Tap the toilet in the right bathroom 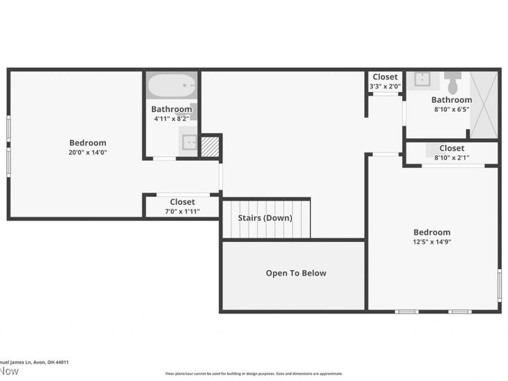453,83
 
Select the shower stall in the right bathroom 484,105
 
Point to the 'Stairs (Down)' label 265,218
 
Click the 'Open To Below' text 295,273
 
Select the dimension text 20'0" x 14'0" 88,152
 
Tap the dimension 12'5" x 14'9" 432,242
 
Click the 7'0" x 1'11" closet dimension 182,211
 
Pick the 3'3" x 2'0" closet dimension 385,87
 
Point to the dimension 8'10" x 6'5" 451,109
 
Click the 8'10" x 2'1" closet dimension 451,157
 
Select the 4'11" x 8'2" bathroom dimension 171,119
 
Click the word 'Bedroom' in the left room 88,143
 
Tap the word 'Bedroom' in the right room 432,232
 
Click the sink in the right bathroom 422,79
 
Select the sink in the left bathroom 189,142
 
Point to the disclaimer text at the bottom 254,373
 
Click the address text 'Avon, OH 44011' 54,363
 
